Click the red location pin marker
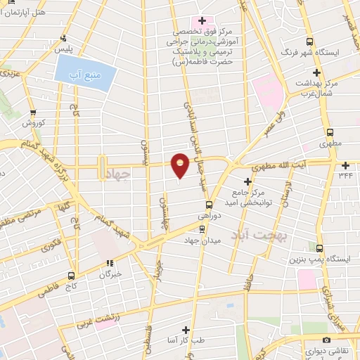click(x=180, y=165)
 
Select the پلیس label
click(x=65, y=49)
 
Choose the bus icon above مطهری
click(x=330, y=132)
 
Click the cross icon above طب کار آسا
click(x=186, y=329)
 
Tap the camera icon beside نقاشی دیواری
click(x=307, y=340)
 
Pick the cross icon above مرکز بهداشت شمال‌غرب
click(x=317, y=72)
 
